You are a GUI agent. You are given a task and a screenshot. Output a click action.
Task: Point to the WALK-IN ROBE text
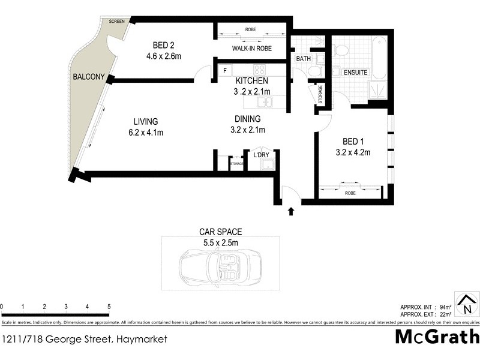point(250,49)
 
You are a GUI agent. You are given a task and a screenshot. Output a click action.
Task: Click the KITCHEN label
point(252,81)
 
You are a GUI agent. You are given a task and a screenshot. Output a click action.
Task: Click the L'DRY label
point(262,155)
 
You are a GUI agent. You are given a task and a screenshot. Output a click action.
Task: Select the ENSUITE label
point(355,73)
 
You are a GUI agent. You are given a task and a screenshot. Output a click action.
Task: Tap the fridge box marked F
point(224,70)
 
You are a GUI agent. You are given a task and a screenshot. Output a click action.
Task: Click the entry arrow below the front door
point(292,211)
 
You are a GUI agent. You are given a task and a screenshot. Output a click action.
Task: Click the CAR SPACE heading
point(220,232)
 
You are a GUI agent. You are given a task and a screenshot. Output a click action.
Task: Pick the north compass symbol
point(465,302)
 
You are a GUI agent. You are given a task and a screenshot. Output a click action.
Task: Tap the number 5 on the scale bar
point(109,307)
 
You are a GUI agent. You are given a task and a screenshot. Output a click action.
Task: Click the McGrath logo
point(437,336)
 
